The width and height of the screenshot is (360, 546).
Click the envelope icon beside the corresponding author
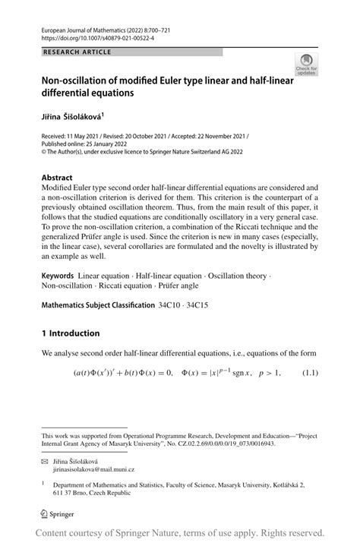click(x=45, y=462)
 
